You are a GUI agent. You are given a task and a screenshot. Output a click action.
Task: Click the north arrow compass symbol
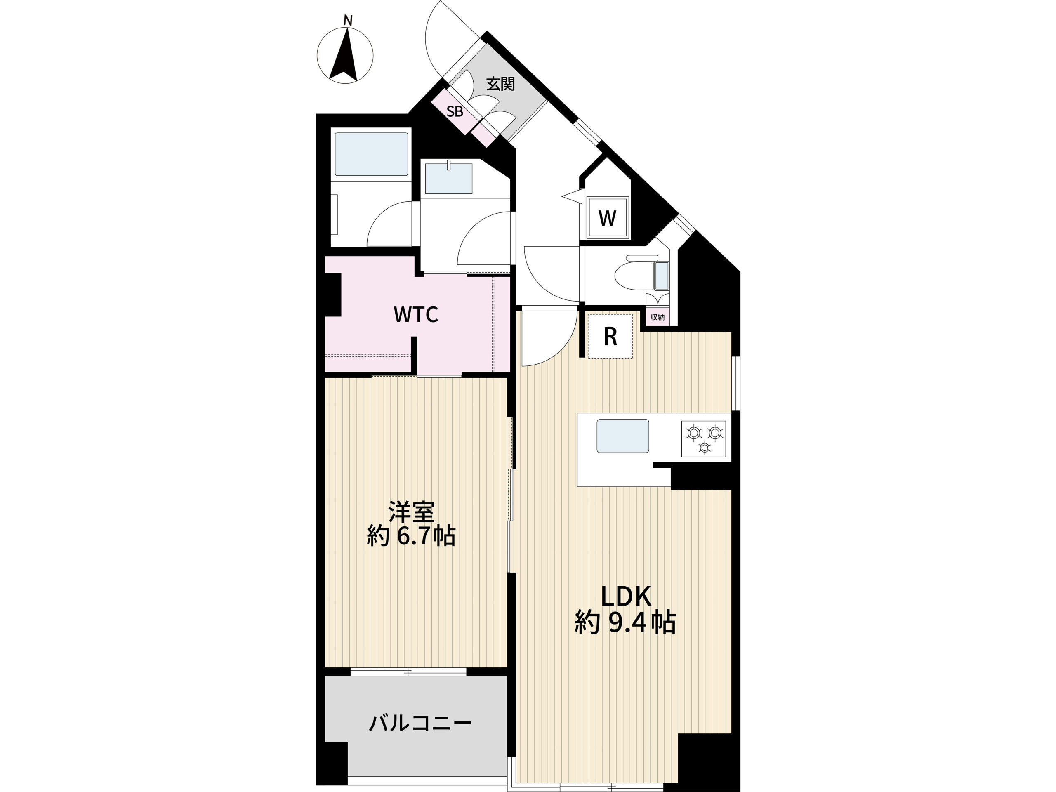[345, 55]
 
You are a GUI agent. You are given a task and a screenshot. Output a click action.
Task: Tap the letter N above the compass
[348, 21]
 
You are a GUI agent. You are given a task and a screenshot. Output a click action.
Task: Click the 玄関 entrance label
[500, 84]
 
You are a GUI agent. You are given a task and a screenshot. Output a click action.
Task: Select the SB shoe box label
[455, 112]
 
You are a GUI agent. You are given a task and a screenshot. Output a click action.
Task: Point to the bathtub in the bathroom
[371, 154]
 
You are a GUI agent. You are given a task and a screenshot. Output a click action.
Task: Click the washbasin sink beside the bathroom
[448, 178]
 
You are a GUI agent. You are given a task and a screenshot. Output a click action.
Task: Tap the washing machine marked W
[607, 218]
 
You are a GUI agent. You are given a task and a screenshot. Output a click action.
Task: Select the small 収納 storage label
[658, 316]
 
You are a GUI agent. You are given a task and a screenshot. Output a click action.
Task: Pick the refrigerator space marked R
[610, 336]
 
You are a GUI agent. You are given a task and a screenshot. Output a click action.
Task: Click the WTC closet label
[415, 315]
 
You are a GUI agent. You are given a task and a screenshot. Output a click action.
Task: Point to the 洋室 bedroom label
[411, 512]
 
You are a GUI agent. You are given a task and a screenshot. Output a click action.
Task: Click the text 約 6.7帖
[410, 536]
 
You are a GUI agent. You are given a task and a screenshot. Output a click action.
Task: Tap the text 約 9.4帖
[625, 622]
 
